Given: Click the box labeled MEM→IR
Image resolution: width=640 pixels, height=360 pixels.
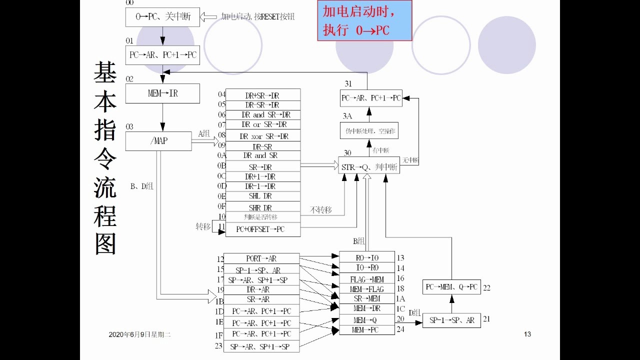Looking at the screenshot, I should pyautogui.click(x=162, y=93).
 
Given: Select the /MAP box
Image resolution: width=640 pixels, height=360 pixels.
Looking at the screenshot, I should pyautogui.click(x=158, y=141).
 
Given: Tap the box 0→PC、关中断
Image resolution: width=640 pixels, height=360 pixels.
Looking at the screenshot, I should pyautogui.click(x=162, y=16).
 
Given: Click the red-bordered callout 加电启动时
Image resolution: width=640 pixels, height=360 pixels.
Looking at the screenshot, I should pyautogui.click(x=364, y=20).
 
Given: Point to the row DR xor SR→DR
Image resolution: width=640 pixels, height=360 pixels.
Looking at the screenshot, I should pyautogui.click(x=263, y=136).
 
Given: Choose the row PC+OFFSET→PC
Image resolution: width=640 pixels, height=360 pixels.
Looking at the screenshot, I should pyautogui.click(x=263, y=229).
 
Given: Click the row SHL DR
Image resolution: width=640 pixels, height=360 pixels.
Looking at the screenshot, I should pyautogui.click(x=263, y=196).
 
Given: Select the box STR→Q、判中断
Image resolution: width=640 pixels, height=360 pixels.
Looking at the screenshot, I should pyautogui.click(x=369, y=167).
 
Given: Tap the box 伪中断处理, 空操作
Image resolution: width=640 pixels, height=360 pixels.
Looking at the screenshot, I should pyautogui.click(x=369, y=130).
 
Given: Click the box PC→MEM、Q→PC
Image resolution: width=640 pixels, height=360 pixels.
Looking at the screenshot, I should pyautogui.click(x=451, y=287).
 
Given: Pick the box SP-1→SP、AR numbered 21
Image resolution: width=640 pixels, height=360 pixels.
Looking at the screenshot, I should pyautogui.click(x=451, y=320).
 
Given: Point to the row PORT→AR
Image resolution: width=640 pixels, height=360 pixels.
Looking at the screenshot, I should pyautogui.click(x=261, y=258).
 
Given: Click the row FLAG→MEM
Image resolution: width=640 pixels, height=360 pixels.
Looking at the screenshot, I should pyautogui.click(x=367, y=279).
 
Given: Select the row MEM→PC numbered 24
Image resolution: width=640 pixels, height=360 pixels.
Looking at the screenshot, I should pyautogui.click(x=367, y=330).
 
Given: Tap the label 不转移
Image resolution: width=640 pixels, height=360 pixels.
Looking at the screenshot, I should pyautogui.click(x=320, y=210).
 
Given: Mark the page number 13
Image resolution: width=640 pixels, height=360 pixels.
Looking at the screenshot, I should pyautogui.click(x=527, y=334).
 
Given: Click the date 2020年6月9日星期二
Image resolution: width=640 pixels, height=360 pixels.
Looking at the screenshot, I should pyautogui.click(x=139, y=334).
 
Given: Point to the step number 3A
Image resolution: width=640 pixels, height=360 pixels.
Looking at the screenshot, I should pyautogui.click(x=347, y=116).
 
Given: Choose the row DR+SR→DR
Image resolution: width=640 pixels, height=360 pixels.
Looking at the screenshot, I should pyautogui.click(x=263, y=95).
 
